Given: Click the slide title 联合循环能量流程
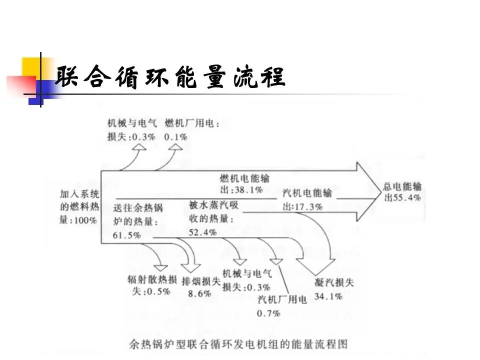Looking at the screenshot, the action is click(x=170, y=76).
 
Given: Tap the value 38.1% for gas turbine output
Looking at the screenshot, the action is click(x=249, y=190).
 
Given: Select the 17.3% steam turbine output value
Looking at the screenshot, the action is click(x=308, y=207).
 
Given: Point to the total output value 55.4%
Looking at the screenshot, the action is click(x=407, y=198).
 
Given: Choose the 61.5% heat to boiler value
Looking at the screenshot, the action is click(x=126, y=235).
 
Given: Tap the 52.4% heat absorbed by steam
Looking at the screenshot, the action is click(x=202, y=232).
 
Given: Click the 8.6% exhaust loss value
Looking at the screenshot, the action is click(x=199, y=294).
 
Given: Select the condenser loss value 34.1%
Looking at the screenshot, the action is click(x=328, y=296).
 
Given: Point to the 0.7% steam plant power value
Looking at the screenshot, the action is click(x=268, y=313).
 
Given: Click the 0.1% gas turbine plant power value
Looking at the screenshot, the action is click(x=175, y=137).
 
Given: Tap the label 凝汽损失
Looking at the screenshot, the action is click(x=334, y=282).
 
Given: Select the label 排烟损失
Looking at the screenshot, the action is click(x=201, y=281).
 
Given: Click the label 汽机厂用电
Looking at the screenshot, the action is click(x=282, y=299).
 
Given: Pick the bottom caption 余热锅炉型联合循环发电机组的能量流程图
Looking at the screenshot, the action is click(x=238, y=344).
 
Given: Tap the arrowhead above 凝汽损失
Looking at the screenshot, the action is click(x=316, y=266).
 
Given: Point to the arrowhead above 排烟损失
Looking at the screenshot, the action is click(x=190, y=268).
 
